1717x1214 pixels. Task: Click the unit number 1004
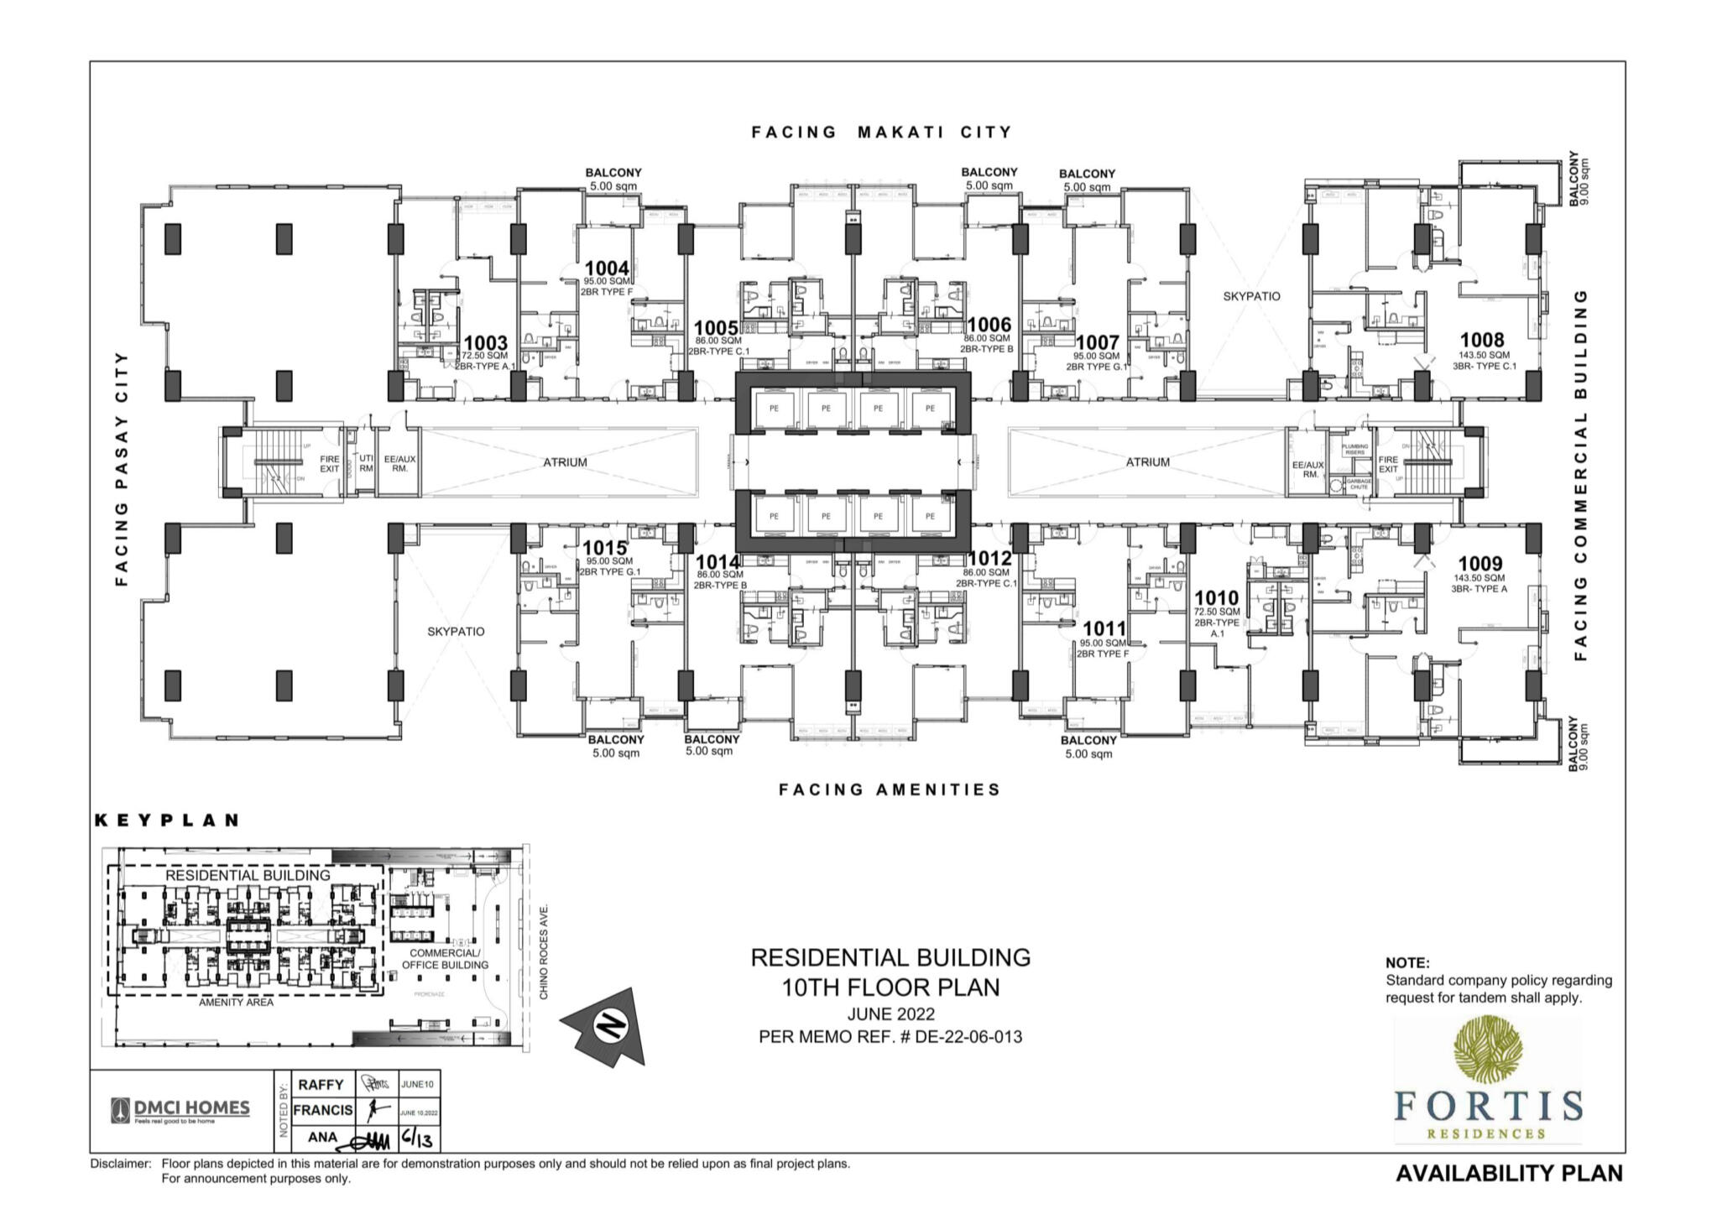[x=606, y=268]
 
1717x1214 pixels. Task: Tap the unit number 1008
[x=1482, y=340]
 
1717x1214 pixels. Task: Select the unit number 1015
[x=604, y=549]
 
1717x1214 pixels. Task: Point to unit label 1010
[x=1216, y=598]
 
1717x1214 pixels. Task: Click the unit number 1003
[x=485, y=343]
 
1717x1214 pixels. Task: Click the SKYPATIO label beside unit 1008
[x=1251, y=296]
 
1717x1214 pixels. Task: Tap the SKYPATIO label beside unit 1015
[x=456, y=632]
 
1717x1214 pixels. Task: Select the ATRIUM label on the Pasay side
[x=565, y=462]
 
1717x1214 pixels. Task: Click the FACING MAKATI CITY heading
[x=881, y=132]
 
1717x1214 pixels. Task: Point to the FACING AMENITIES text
[x=890, y=789]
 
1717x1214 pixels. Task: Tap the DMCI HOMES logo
[x=180, y=1110]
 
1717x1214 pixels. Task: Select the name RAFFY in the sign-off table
[x=321, y=1085]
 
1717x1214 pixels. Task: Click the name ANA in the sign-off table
[x=322, y=1138]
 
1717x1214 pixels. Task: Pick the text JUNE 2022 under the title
[x=890, y=1014]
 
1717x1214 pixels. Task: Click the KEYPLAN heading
[x=167, y=821]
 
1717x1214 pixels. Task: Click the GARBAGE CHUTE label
[x=1359, y=484]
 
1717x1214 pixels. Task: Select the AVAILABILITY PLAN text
[x=1509, y=1173]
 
